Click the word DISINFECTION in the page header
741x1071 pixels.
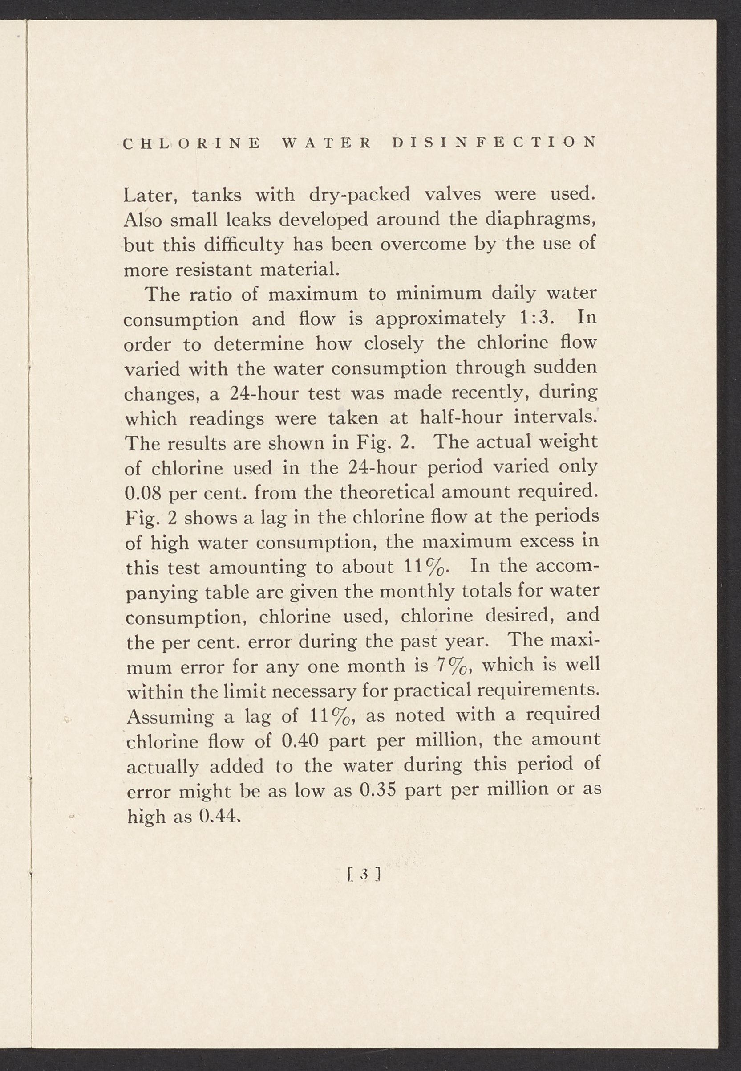(494, 143)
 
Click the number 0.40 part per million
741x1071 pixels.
(300, 740)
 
